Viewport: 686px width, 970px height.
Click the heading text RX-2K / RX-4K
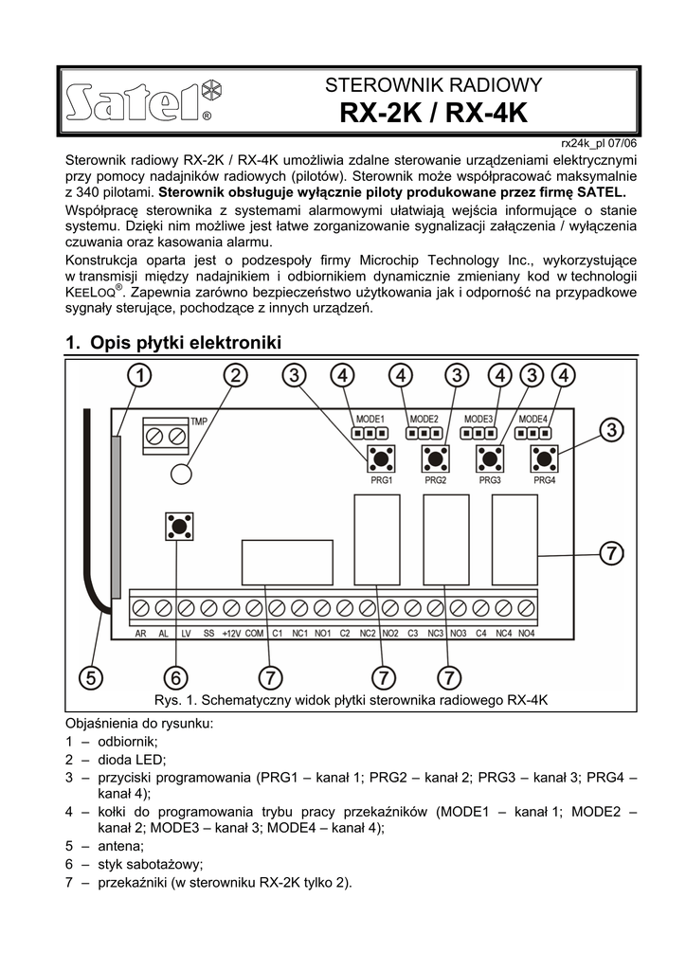[433, 114]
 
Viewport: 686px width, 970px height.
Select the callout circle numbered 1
[138, 376]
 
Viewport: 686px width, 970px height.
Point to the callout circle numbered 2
[234, 376]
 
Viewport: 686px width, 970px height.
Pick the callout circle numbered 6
[176, 676]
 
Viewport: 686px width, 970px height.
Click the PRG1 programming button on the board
[381, 459]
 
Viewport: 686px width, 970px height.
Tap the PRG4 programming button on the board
[543, 459]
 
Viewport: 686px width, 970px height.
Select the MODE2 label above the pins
[423, 419]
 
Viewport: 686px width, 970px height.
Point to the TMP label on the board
[199, 422]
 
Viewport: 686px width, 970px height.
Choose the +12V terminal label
[231, 633]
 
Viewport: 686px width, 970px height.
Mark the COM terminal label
[254, 633]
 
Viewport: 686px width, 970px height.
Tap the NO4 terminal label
[526, 633]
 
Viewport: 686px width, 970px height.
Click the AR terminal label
[140, 633]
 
